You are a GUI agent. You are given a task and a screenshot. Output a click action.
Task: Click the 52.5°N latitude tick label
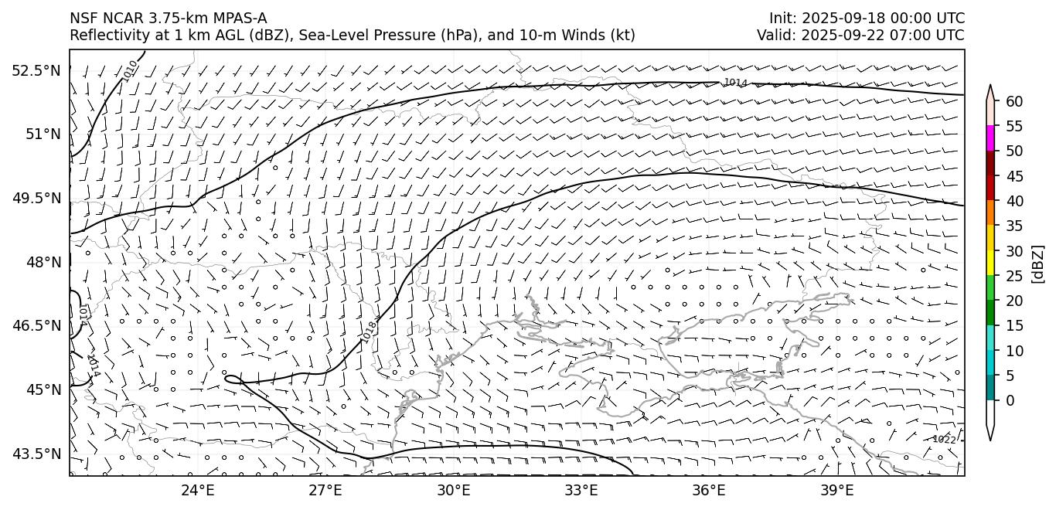point(36,71)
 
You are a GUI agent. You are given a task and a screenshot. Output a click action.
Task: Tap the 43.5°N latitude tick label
point(36,454)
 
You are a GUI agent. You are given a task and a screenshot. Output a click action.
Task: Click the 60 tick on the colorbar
point(1014,101)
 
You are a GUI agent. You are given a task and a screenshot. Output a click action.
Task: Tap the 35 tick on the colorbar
point(1014,226)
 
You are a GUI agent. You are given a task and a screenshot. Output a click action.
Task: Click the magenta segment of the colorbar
point(991,138)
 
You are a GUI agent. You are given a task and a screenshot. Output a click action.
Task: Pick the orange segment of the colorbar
point(991,212)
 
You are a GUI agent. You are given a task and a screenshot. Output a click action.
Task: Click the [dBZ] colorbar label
point(1037,263)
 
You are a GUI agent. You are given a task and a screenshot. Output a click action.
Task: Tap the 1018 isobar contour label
point(370,332)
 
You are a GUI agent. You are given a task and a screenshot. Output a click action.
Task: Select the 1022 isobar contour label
point(944,439)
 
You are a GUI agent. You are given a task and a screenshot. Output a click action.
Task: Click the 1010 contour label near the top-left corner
point(130,70)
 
